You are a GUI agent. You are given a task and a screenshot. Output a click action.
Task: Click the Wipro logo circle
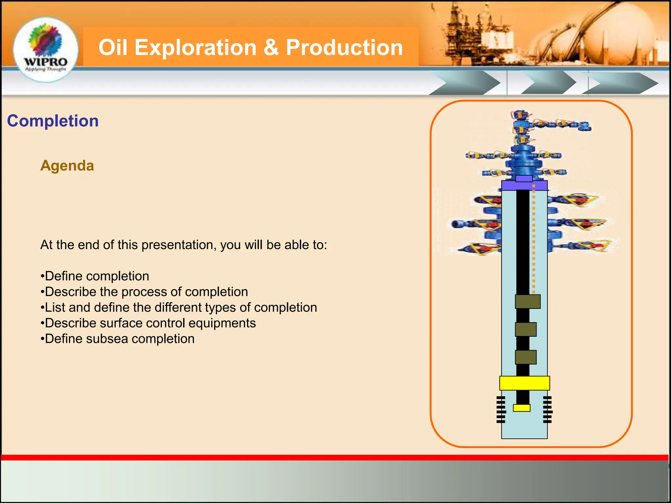coord(46,49)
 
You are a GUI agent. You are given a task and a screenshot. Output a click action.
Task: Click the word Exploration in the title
coord(195,47)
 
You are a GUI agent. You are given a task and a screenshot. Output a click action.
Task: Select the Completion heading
coord(53,121)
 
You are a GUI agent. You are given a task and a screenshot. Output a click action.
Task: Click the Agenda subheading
coord(67,166)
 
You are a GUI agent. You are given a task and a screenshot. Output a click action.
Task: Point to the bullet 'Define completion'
coord(95,276)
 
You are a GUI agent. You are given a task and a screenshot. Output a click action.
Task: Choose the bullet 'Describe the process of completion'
coord(144,292)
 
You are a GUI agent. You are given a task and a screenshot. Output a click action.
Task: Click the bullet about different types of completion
coord(179,307)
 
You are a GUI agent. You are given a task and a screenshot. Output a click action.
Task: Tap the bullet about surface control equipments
coord(148,323)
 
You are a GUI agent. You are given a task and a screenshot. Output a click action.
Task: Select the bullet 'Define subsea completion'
coord(118,339)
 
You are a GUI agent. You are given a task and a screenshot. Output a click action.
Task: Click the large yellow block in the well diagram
coord(524,383)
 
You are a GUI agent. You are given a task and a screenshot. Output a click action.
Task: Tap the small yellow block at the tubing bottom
coord(522,408)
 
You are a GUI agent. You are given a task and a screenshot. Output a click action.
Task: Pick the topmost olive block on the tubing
coord(527,302)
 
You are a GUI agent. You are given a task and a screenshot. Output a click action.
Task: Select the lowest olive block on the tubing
coord(526,357)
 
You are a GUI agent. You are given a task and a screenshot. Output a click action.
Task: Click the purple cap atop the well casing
coord(524,185)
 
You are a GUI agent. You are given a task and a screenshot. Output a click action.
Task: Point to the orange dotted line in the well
coord(534,239)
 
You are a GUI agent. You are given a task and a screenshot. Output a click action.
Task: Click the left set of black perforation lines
coord(501,409)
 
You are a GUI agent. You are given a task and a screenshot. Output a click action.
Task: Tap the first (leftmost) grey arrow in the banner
coord(465,84)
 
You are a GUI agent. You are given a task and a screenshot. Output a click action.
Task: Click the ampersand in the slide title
coord(271,47)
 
